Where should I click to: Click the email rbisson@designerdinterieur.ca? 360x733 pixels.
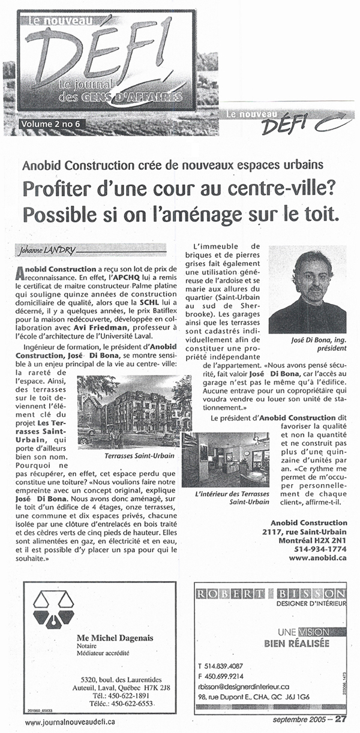click(243, 686)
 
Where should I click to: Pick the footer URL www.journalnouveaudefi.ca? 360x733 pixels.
click(71, 723)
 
